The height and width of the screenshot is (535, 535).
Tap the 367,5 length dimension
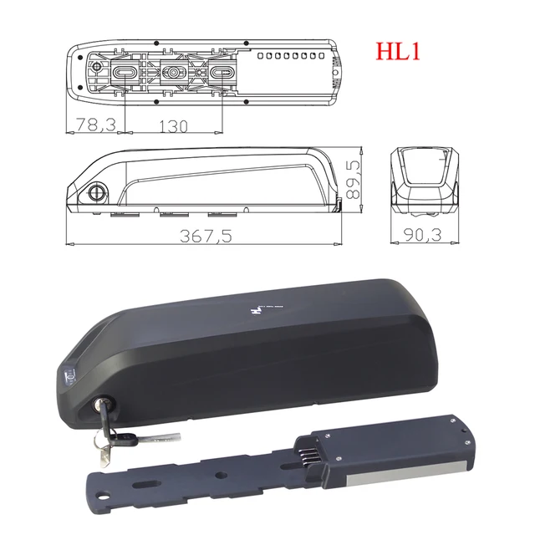pos(204,236)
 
